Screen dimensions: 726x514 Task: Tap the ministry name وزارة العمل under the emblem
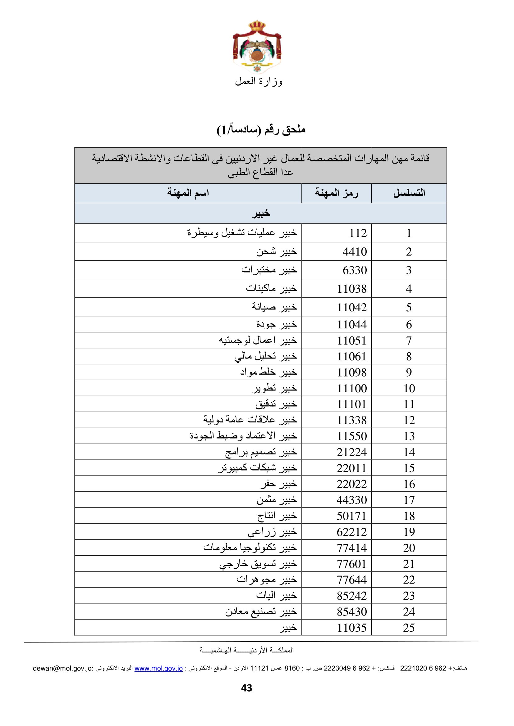[x=258, y=82]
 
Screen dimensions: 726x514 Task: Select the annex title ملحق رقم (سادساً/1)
[x=261, y=130]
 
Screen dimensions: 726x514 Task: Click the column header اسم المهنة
[x=188, y=193]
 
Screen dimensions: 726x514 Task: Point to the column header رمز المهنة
[x=336, y=193]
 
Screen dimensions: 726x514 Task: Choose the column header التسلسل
[x=409, y=193]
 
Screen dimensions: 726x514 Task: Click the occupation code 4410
[x=355, y=252]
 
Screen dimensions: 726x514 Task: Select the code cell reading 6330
[x=355, y=270]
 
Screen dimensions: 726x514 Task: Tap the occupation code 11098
[x=352, y=372]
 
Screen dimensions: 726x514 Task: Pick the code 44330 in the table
[x=352, y=500]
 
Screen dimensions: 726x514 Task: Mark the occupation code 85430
[x=352, y=611]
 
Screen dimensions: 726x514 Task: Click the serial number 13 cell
[x=409, y=436]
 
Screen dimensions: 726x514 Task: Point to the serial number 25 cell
[x=409, y=628]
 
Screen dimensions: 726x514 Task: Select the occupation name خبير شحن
[x=277, y=252]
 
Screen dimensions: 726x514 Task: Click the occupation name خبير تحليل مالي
[x=265, y=357]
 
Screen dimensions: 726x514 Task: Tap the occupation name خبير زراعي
[x=272, y=532]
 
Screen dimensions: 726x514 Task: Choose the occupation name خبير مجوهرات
[x=267, y=579]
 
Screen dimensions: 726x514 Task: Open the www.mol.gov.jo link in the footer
[x=158, y=669]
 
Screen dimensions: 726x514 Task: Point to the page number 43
[x=246, y=688]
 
